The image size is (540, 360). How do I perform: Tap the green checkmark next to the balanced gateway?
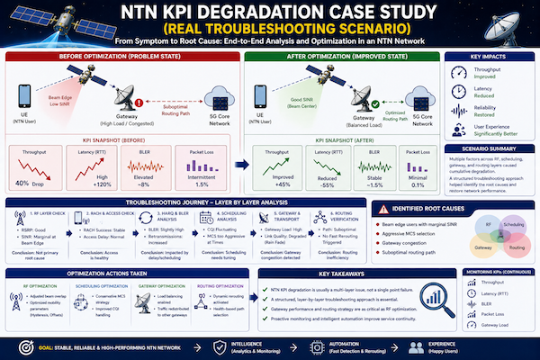click(368, 102)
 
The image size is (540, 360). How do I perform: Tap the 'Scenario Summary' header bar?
click(490, 148)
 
